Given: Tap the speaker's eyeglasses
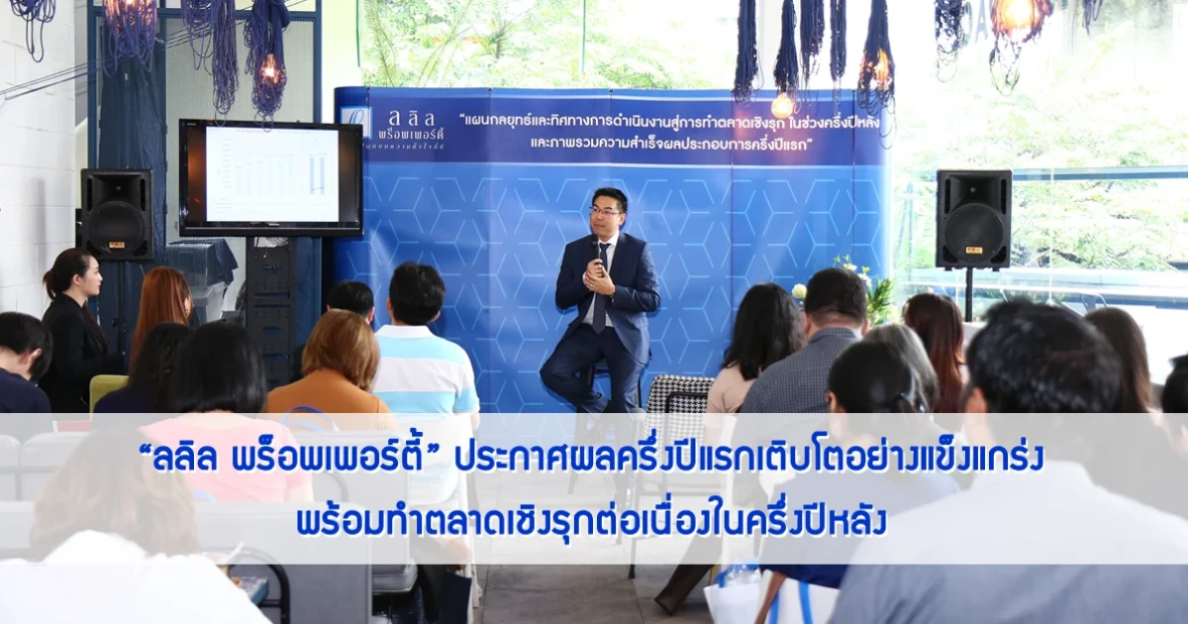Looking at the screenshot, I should pos(604,211).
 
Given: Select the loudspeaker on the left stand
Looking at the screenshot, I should pos(117,215).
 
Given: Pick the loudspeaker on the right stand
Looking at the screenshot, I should pos(972,218).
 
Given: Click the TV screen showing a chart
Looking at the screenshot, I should pos(270,176).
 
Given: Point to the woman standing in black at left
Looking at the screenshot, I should pos(74,327).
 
